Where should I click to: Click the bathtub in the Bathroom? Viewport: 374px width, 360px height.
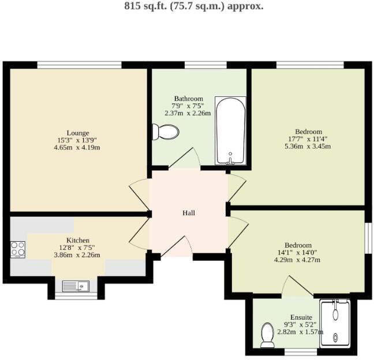pos(230,132)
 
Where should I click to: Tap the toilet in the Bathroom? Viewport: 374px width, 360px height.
pos(166,132)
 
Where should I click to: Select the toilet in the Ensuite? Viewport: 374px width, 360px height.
pos(267,335)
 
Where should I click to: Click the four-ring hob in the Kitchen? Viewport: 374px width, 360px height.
pos(18,249)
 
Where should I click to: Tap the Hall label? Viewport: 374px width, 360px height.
pos(189,213)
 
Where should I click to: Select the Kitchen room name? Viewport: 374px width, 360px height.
pos(77,240)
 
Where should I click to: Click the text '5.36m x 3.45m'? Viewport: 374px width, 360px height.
pos(306,146)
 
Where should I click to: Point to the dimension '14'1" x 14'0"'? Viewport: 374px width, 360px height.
pos(298,252)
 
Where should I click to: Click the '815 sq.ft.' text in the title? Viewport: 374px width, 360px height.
pos(145,7)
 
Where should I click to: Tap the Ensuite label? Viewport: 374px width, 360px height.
pos(301,317)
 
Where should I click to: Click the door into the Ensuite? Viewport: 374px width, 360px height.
pos(298,287)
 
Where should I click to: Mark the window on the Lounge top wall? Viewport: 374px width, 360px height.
pos(79,65)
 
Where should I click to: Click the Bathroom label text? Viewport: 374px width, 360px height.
pos(188,99)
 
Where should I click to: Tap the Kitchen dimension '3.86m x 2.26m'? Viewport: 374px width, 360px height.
pos(77,255)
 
